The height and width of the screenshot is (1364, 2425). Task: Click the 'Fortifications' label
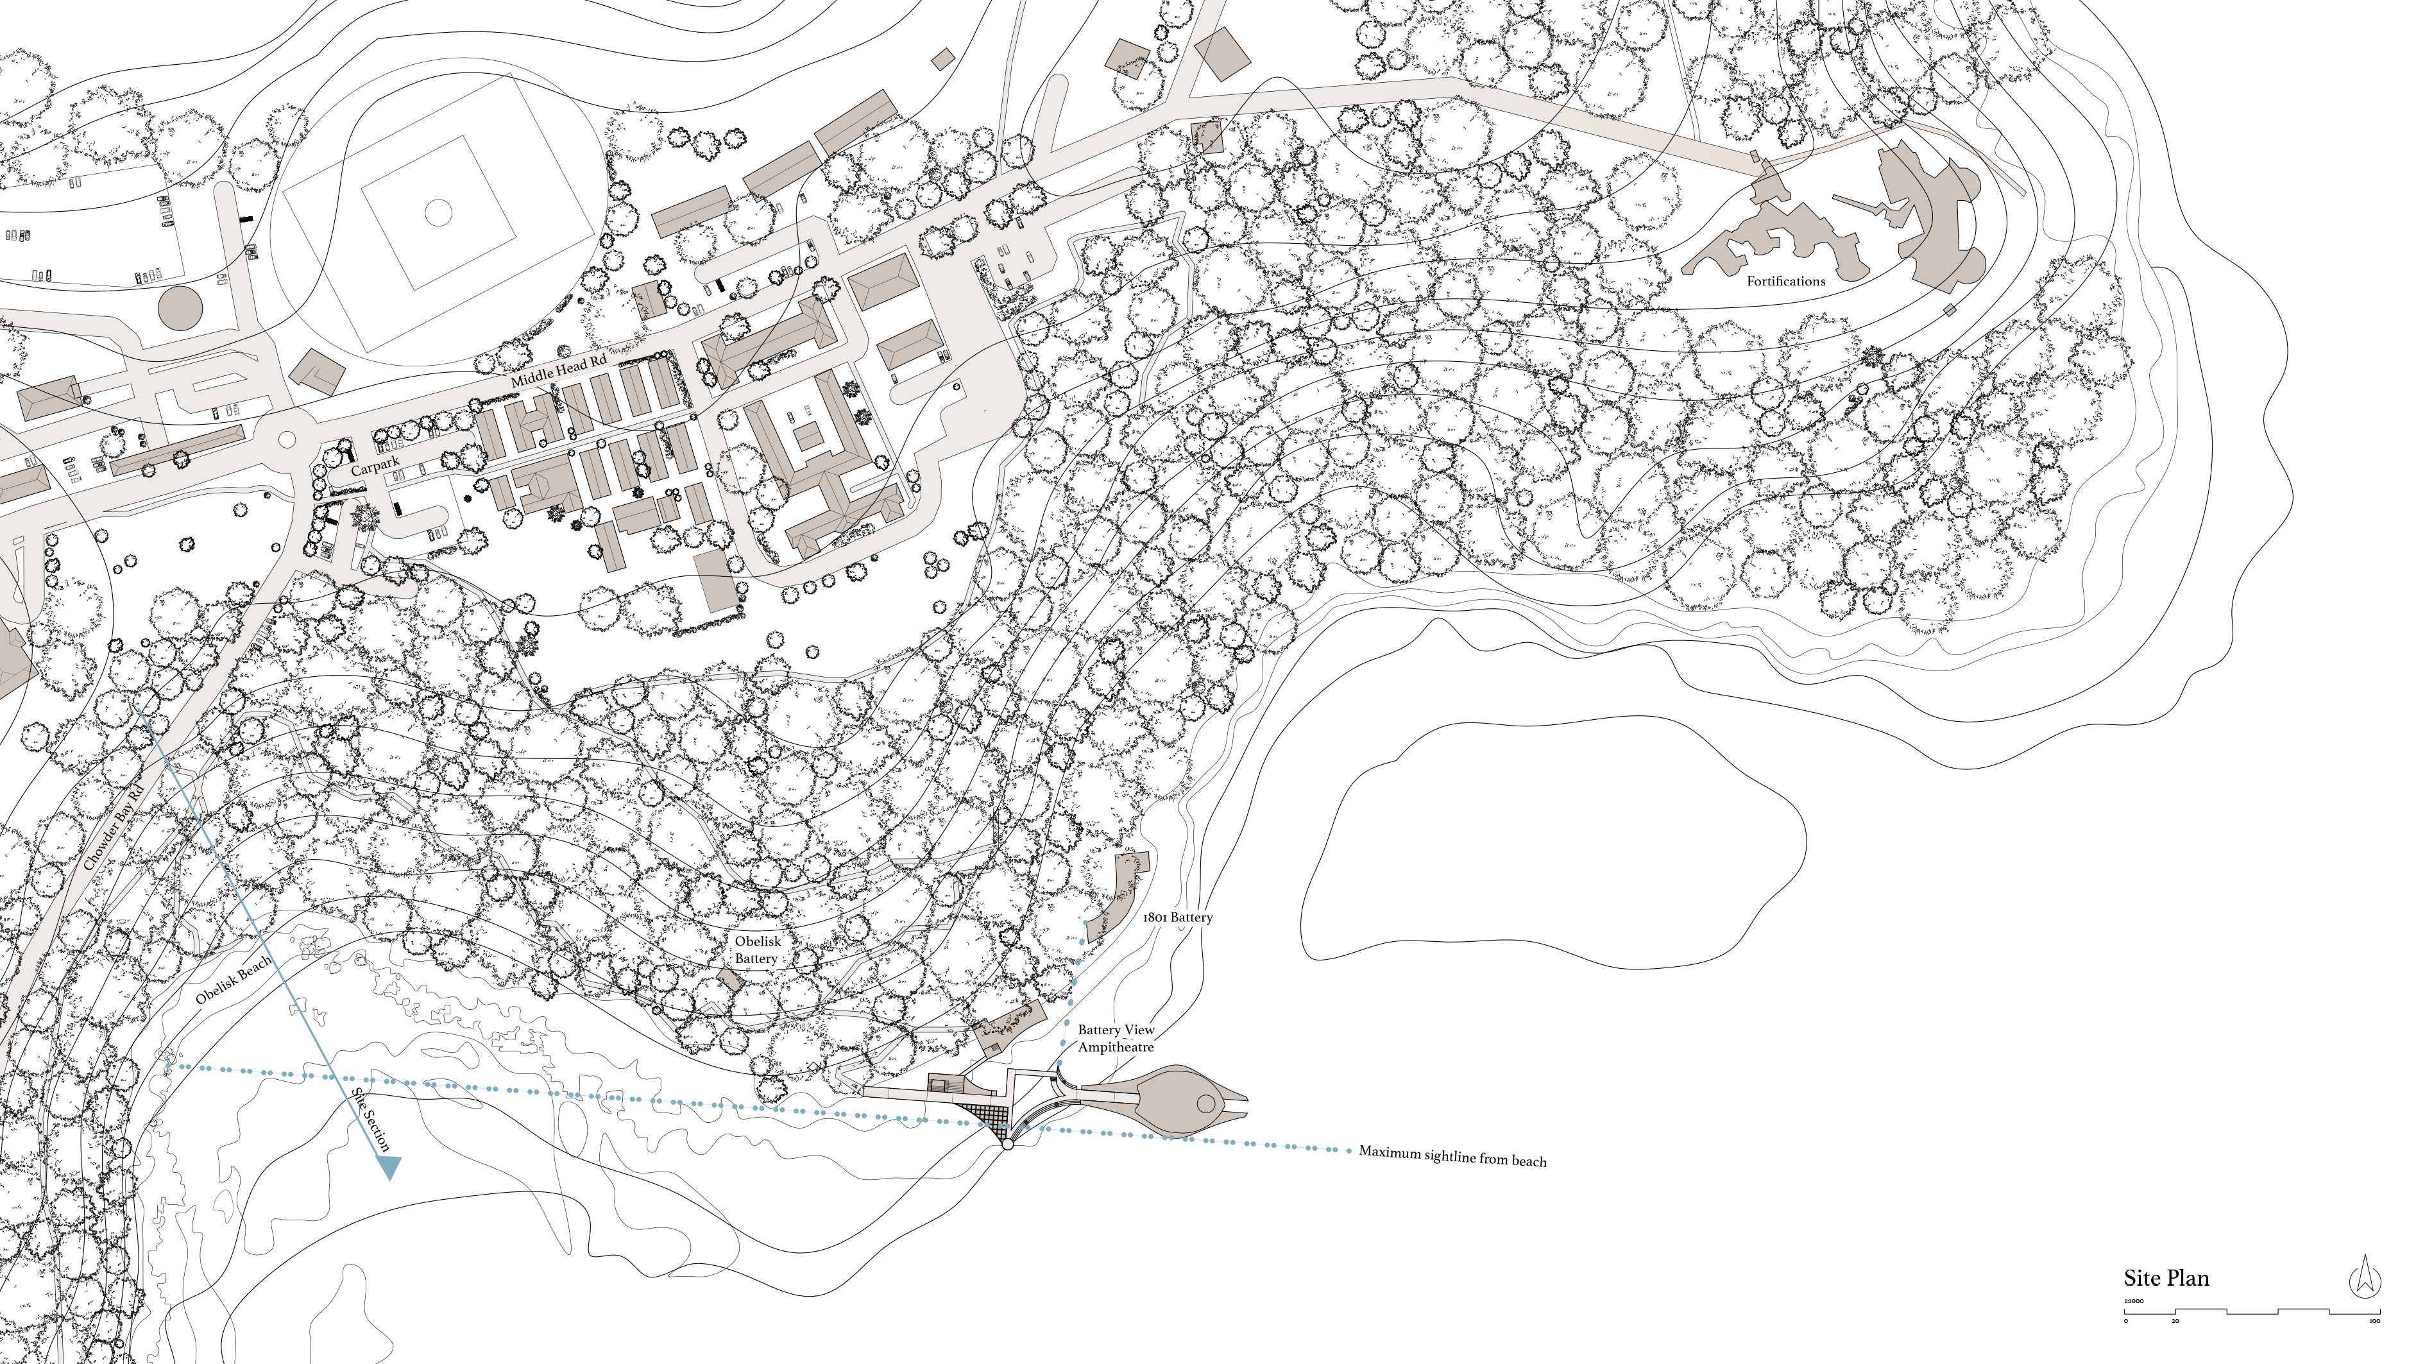tap(1786, 280)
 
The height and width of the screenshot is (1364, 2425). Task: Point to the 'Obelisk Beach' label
tap(234, 980)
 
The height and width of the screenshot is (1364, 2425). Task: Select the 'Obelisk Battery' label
tap(757, 950)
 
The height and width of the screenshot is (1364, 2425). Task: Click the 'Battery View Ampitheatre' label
tap(1116, 1038)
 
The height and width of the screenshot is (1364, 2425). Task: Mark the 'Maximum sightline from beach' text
tap(1452, 1156)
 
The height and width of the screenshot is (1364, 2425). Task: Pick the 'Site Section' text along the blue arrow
tap(370, 1120)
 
